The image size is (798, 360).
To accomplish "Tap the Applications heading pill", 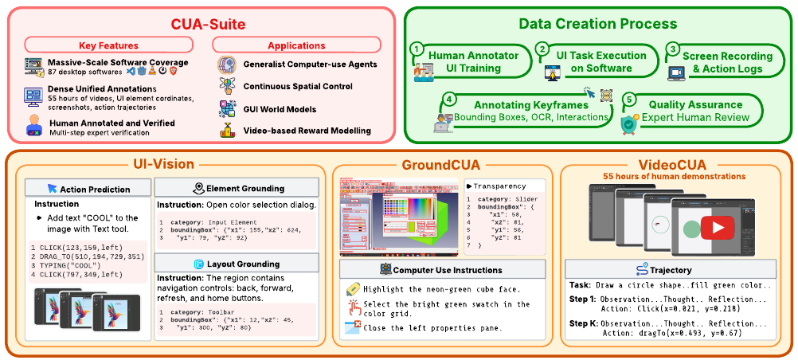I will [x=296, y=46].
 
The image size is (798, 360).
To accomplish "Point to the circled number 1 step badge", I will [x=415, y=49].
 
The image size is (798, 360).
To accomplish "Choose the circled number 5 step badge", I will [x=629, y=100].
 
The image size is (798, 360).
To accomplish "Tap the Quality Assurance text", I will [x=695, y=104].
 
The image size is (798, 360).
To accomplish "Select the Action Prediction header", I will [x=89, y=189].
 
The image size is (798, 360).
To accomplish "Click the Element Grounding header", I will [x=238, y=189].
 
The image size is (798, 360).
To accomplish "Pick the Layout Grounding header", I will [x=238, y=264].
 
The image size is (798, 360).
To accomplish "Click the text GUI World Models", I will [x=285, y=108].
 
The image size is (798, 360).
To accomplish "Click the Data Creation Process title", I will [x=598, y=24].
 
